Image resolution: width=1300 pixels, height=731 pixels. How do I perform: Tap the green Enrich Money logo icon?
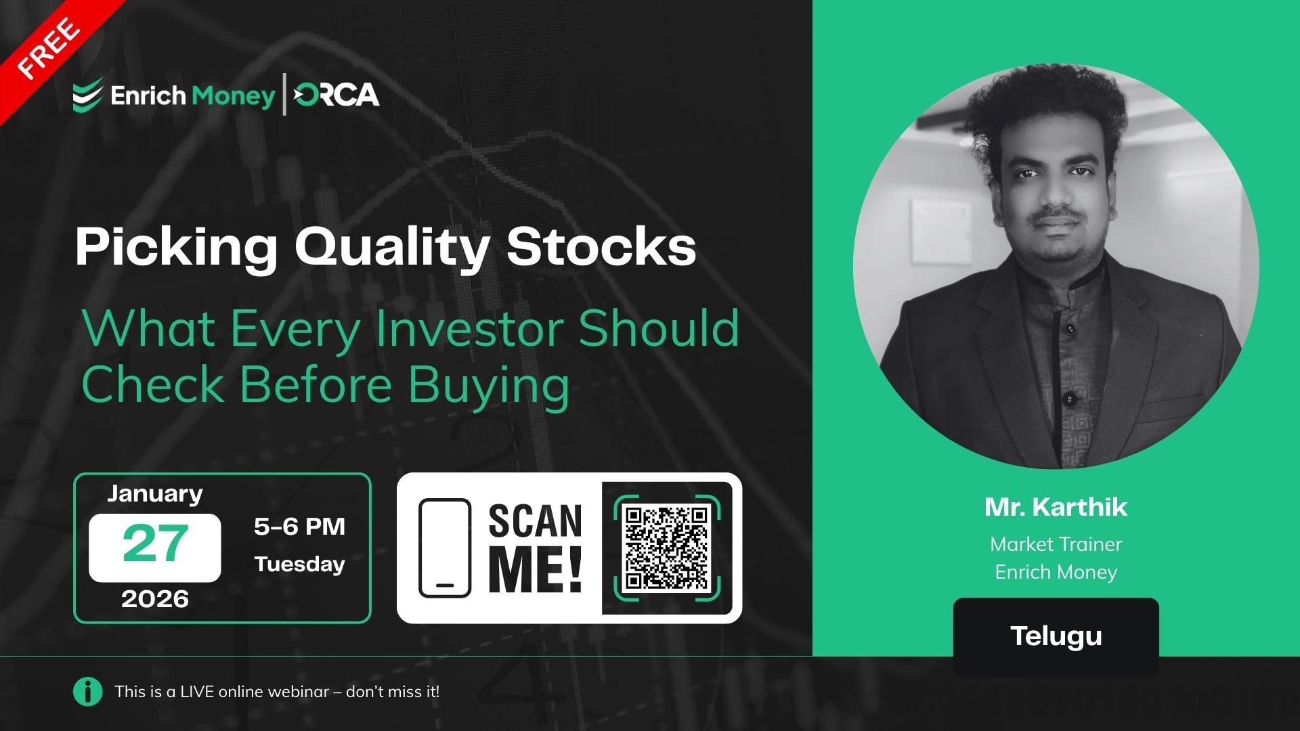coord(88,95)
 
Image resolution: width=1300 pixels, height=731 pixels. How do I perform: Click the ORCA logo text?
coord(337,95)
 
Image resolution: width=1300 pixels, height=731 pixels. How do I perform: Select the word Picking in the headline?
coord(177,247)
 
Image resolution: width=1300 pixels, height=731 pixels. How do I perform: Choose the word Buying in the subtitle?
coord(488,385)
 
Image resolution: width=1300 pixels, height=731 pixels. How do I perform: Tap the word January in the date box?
coord(155,493)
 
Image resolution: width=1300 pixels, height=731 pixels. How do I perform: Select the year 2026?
coord(155,599)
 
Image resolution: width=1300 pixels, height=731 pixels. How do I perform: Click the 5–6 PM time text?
coord(299,527)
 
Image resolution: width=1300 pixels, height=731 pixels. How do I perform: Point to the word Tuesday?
coord(299,564)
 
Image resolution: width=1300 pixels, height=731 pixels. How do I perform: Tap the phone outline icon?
coord(444,548)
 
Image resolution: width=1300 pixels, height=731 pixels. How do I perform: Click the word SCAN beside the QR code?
coord(535,521)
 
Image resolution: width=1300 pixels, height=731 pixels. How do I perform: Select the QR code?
coord(666,547)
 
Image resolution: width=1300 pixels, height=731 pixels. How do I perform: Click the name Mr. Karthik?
coord(1056,507)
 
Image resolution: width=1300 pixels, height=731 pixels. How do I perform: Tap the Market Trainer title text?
coord(1056,544)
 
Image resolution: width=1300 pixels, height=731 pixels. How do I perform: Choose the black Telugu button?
coord(1056,636)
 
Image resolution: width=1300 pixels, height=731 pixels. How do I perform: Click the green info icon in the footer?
coord(87,692)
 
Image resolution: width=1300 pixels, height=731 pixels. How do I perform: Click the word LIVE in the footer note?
coord(198,692)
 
